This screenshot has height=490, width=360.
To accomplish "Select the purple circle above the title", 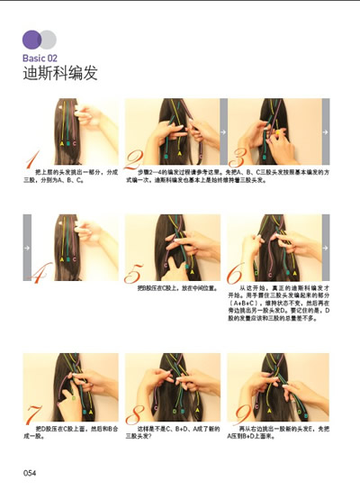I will point(31,39).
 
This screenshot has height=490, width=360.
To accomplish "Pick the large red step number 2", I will point(133,160).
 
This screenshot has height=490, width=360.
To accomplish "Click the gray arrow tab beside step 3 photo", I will point(327,132).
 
